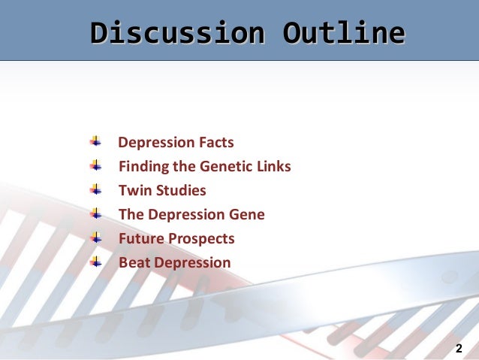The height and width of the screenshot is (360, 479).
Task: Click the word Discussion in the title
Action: point(176,33)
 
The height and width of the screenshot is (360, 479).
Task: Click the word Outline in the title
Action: point(344,33)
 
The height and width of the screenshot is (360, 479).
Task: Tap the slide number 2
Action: point(459,349)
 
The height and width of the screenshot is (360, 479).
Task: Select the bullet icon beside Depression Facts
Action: point(95,141)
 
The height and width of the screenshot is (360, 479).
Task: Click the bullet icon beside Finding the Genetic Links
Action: point(95,165)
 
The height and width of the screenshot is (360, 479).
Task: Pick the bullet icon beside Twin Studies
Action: point(95,189)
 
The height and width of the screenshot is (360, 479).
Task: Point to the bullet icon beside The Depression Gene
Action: point(95,213)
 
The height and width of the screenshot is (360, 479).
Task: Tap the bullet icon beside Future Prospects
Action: point(95,237)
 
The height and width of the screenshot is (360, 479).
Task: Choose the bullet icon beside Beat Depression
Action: point(95,262)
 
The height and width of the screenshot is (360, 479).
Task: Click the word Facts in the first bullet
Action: point(215,142)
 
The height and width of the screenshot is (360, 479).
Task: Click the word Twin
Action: point(133,190)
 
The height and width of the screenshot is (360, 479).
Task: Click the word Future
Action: point(140,238)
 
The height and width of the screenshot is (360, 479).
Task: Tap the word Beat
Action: point(133,262)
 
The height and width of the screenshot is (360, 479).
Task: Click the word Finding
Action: point(143,166)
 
